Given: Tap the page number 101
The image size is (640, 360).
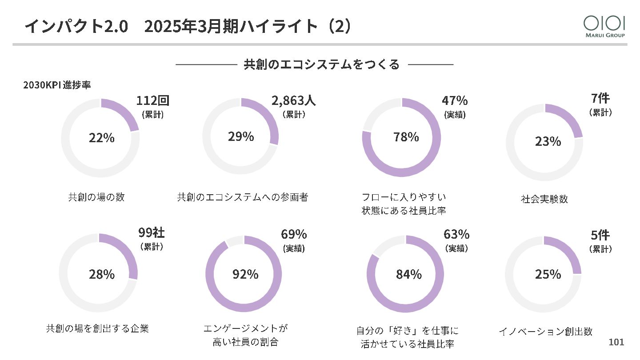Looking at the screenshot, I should coord(616,342).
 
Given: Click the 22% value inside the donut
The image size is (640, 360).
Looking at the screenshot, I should coord(102,138).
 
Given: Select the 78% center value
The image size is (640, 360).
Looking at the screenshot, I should coord(406,137).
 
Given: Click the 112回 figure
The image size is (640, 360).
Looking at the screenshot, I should coord(152,101).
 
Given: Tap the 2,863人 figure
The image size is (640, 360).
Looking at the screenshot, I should coord(293,101).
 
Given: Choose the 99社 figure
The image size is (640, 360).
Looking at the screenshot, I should coord(151,232).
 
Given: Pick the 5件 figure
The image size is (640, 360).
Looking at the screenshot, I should coord(600,235).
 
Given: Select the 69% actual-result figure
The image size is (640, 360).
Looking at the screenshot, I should coord(294,234).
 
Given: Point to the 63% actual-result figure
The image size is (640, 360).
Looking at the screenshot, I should coord(456,234).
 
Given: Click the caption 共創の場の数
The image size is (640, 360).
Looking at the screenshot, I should coord(96,197).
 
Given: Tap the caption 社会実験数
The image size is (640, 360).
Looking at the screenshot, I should coord(544,199).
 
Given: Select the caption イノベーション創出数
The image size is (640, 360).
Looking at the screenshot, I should coord(545,331).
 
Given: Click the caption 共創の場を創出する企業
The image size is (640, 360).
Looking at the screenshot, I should coord(97,328).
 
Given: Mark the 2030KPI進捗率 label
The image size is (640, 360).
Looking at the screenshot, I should coord(57,85).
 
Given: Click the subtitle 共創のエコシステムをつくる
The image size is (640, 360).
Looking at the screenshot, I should coord(321,64).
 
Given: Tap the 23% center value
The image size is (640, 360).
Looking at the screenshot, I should coord(548,141).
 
